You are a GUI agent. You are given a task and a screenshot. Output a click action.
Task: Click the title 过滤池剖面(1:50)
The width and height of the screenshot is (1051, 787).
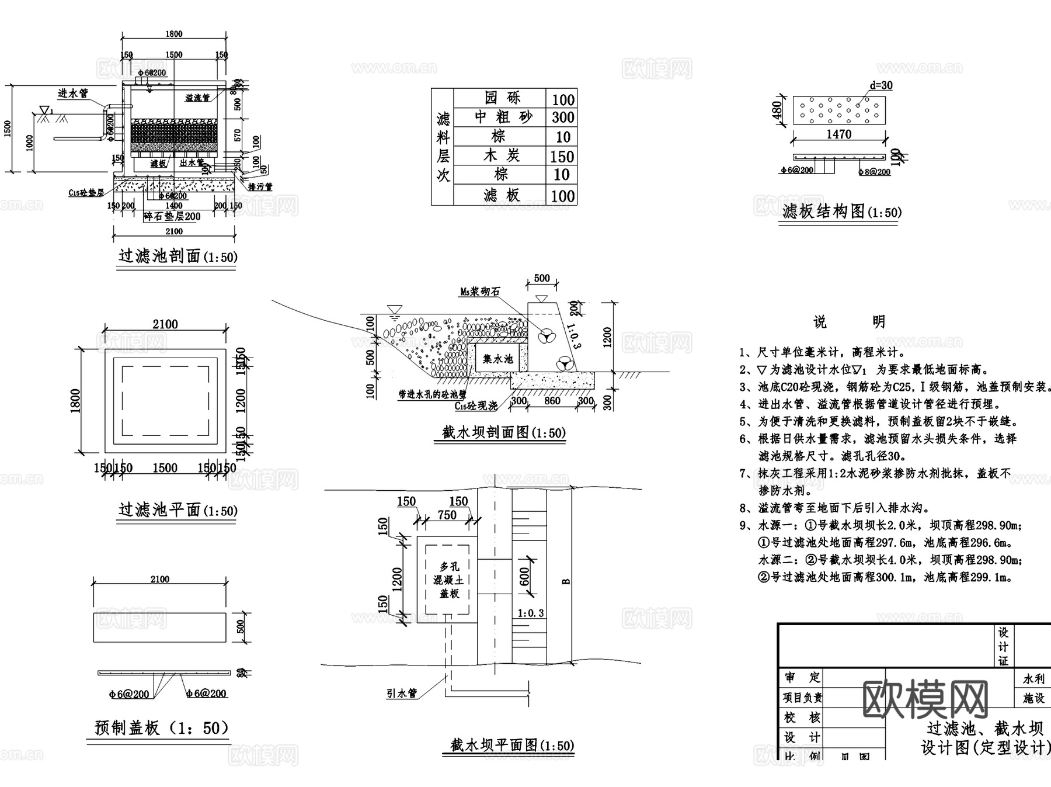point(178,256)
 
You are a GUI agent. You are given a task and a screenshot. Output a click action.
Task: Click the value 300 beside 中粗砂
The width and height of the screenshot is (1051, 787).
point(562,117)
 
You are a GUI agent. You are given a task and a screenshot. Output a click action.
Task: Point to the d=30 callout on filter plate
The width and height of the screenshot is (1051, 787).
point(881,85)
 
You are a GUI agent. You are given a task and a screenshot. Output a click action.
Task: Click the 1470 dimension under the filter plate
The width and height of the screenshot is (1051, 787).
point(838,134)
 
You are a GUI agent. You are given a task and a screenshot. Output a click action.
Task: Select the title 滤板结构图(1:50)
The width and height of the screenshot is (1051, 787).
point(841,212)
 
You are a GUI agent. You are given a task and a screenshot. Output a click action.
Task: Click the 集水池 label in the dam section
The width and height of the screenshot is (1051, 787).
point(497,359)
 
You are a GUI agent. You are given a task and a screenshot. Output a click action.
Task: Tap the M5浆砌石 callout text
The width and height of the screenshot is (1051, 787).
point(480,291)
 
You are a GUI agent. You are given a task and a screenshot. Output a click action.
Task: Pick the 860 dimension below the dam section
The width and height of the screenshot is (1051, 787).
point(552,401)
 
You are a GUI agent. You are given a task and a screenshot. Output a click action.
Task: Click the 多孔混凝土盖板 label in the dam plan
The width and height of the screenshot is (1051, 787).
point(449,580)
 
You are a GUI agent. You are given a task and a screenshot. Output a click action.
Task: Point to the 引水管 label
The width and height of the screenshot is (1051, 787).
point(402,693)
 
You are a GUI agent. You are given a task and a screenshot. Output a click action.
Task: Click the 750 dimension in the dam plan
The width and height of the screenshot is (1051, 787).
point(447,515)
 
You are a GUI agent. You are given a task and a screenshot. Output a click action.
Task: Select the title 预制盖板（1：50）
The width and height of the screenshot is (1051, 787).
point(161,728)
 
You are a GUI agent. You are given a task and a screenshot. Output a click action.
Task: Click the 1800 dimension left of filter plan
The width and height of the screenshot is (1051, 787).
point(76,401)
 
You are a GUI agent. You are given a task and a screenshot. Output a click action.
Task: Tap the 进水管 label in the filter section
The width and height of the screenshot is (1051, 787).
point(72,93)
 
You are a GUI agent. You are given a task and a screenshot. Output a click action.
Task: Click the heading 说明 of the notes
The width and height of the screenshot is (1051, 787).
point(849,321)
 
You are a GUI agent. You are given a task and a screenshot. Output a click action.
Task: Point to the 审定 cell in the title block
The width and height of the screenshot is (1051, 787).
point(802,677)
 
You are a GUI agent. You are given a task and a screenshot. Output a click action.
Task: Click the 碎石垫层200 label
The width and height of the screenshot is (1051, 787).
point(173,216)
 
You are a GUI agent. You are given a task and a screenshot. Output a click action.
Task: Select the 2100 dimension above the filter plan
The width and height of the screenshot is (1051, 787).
point(165,324)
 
